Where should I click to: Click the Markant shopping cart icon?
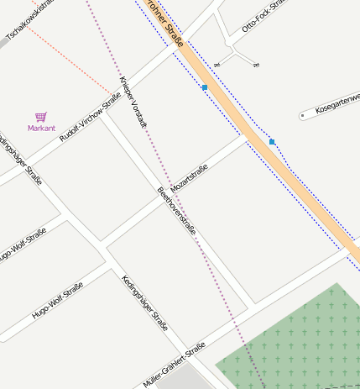[x=40, y=117]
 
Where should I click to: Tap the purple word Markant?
[x=41, y=129]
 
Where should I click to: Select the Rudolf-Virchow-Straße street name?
[x=91, y=121]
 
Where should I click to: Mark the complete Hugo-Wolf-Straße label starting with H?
[x=58, y=302]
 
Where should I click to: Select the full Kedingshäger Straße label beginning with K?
[x=144, y=302]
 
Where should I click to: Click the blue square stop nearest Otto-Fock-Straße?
[x=205, y=87]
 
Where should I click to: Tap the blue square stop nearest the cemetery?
[x=272, y=142]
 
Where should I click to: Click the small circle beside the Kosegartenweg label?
[x=302, y=116]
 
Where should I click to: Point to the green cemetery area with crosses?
[x=294, y=344]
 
